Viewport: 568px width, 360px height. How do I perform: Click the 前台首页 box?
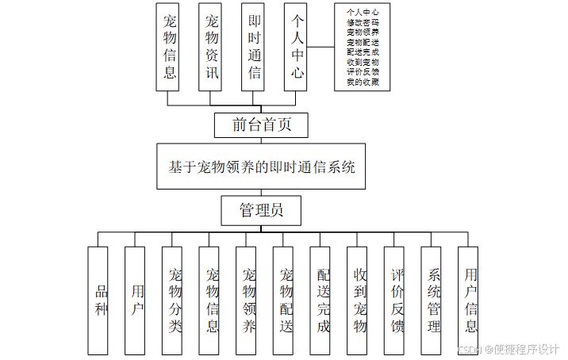click(x=261, y=124)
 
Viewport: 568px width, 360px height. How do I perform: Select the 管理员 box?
click(x=261, y=210)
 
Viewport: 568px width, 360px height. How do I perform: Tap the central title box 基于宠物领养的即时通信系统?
click(x=261, y=167)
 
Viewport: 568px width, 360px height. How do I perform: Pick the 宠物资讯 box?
click(x=212, y=47)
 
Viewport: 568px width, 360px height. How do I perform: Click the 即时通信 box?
click(x=255, y=47)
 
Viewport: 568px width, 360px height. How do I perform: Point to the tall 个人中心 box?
click(x=297, y=47)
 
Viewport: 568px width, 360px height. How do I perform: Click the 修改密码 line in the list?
click(x=362, y=22)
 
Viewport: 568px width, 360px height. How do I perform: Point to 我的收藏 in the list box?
click(x=362, y=82)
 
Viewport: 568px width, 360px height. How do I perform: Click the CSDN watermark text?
click(x=470, y=349)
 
